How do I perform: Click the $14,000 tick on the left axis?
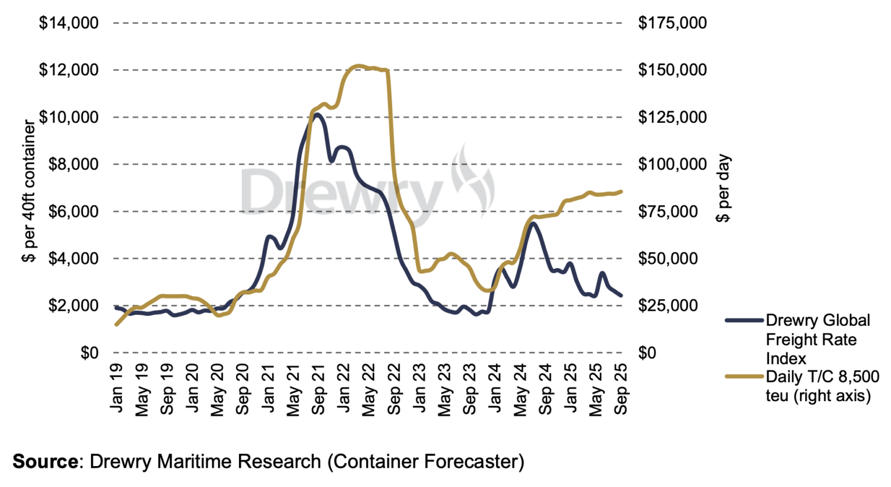[x=68, y=23]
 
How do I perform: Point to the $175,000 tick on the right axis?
[x=672, y=23]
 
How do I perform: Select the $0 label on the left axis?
[x=89, y=352]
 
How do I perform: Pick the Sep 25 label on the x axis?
[x=621, y=389]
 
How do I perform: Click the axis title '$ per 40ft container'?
[x=28, y=191]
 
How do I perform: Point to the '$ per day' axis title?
[x=723, y=188]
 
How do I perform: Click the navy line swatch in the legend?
[x=744, y=320]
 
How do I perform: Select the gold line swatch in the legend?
[x=744, y=376]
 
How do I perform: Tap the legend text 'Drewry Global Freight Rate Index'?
[x=817, y=339]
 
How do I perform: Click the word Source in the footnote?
[x=45, y=461]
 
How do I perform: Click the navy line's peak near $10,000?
[x=317, y=114]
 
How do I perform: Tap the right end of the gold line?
[x=622, y=191]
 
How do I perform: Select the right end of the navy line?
[x=621, y=296]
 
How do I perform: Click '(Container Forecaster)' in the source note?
[x=425, y=461]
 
